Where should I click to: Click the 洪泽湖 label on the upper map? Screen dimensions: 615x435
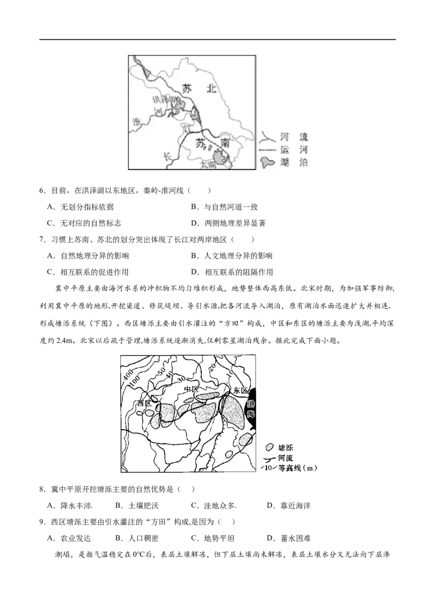click(163, 100)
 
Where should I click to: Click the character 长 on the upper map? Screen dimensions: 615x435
click(168, 156)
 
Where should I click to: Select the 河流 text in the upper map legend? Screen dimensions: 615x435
click(294, 139)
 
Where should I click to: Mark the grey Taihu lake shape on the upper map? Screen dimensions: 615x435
click(220, 159)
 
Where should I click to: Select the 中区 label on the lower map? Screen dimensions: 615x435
click(192, 390)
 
